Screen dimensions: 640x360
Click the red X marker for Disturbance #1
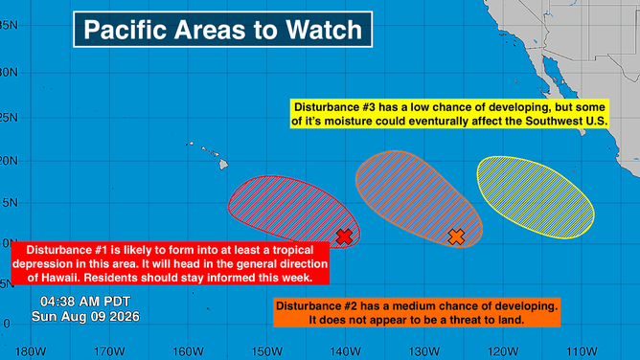click(x=344, y=236)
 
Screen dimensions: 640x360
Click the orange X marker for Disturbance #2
click(x=456, y=236)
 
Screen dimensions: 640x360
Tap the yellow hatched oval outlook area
click(x=536, y=197)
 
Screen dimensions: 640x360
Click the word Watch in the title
click(x=324, y=30)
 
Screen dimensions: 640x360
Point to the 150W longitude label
click(x=267, y=351)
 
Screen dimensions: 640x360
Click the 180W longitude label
click(x=31, y=351)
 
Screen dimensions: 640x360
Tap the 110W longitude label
click(x=582, y=351)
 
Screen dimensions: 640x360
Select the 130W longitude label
click(x=424, y=351)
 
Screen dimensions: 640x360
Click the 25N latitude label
click(x=9, y=118)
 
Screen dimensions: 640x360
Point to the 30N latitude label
click(x=9, y=73)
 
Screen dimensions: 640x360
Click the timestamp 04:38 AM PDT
click(x=85, y=302)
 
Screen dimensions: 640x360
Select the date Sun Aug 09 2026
click(x=85, y=316)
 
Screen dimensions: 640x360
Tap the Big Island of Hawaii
click(x=223, y=164)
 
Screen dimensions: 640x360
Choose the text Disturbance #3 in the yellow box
click(x=332, y=107)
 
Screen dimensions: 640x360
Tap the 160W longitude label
click(x=188, y=351)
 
